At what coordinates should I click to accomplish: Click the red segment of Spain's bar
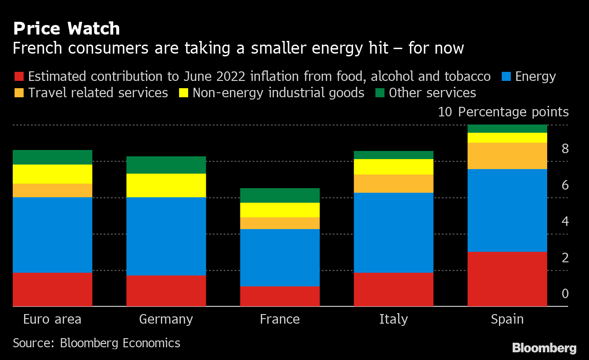pyautogui.click(x=507, y=279)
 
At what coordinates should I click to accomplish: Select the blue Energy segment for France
pyautogui.click(x=280, y=257)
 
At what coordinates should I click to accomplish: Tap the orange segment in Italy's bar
pyautogui.click(x=394, y=184)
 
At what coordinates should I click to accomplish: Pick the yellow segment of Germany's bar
pyautogui.click(x=166, y=185)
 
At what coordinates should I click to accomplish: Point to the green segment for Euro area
pyautogui.click(x=53, y=157)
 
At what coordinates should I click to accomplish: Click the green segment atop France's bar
pyautogui.click(x=280, y=195)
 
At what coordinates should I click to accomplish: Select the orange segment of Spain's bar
pyautogui.click(x=507, y=156)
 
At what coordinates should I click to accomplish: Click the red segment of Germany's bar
pyautogui.click(x=166, y=291)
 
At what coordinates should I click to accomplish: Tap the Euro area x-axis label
pyautogui.click(x=52, y=319)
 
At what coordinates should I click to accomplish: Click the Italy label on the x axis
pyautogui.click(x=394, y=319)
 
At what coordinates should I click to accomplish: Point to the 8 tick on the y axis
pyautogui.click(x=565, y=149)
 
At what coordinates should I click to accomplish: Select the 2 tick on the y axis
pyautogui.click(x=565, y=258)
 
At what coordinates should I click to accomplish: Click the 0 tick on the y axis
pyautogui.click(x=565, y=294)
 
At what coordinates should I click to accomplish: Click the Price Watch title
pyautogui.click(x=66, y=29)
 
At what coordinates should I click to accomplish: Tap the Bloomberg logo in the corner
pyautogui.click(x=544, y=349)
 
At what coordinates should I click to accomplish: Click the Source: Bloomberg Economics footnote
pyautogui.click(x=96, y=343)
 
